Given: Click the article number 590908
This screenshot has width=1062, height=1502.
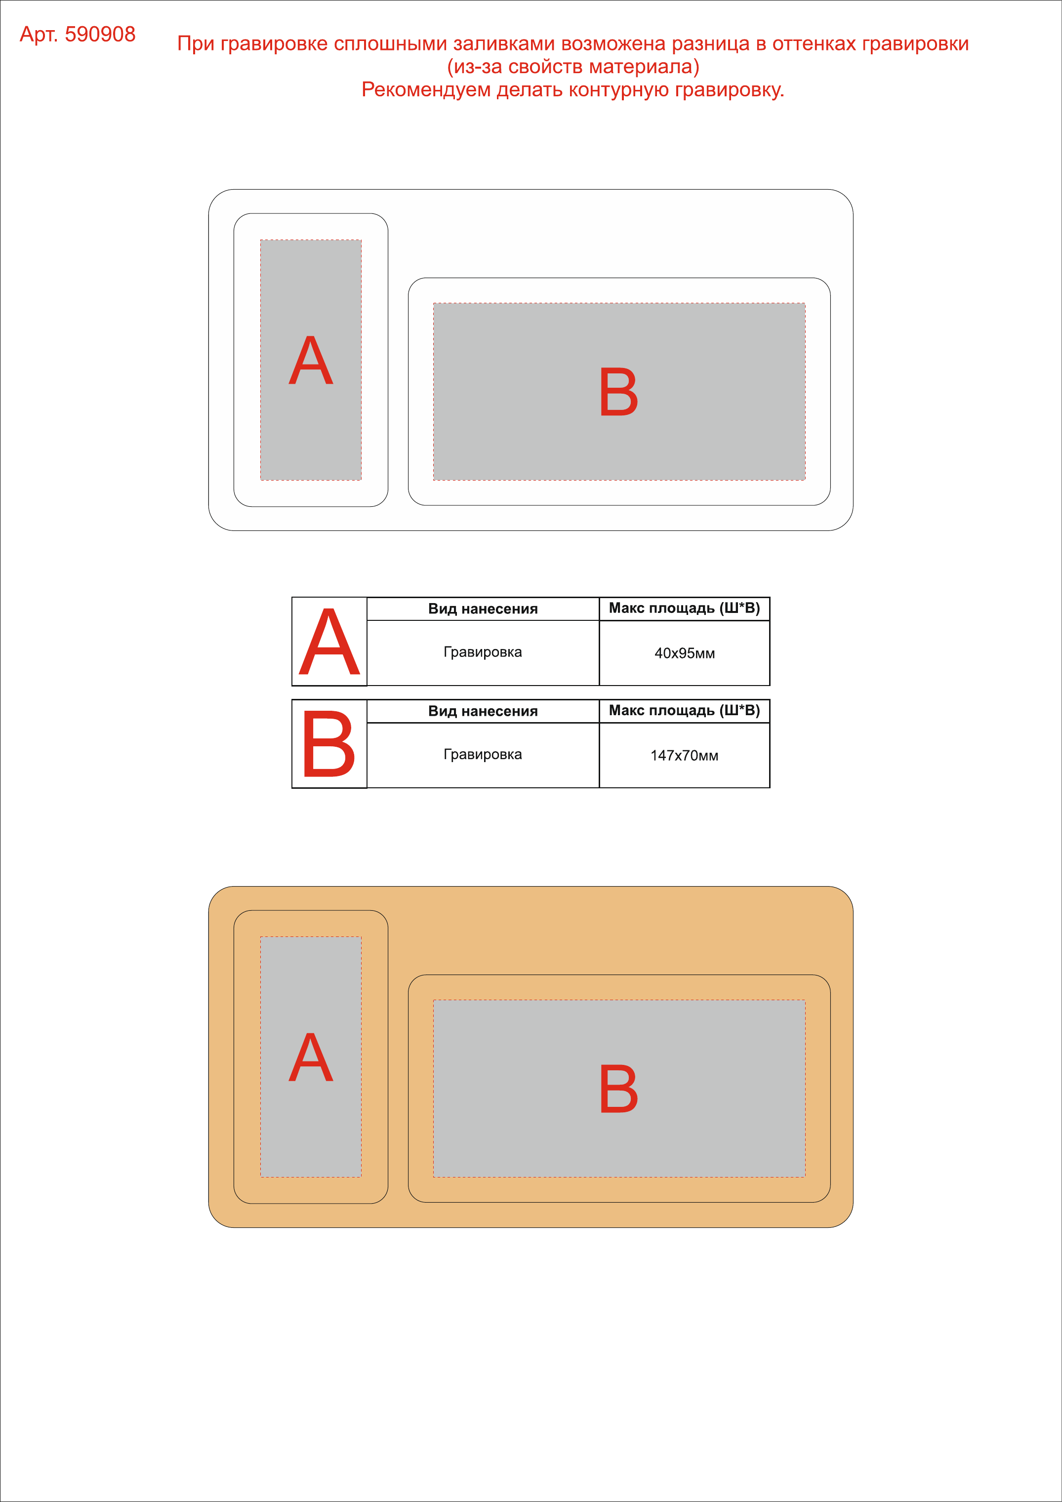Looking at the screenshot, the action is pyautogui.click(x=100, y=34).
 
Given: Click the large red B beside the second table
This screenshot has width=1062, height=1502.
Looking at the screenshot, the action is pyautogui.click(x=328, y=743).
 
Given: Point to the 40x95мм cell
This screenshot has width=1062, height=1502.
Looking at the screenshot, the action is pyautogui.click(x=685, y=653).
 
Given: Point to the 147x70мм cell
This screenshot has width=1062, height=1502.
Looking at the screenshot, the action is pyautogui.click(x=685, y=756).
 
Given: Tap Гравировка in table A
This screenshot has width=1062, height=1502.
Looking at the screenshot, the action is pyautogui.click(x=483, y=652).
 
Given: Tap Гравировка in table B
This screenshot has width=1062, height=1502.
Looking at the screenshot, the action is pyautogui.click(x=483, y=754).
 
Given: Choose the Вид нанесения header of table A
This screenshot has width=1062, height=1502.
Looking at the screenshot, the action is pyautogui.click(x=483, y=609).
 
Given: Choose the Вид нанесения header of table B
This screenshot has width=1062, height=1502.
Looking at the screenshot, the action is pyautogui.click(x=483, y=711).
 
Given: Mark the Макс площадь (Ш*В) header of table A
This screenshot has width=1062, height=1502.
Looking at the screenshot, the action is pyautogui.click(x=685, y=609).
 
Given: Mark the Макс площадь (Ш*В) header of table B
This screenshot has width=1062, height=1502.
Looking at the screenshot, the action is pyautogui.click(x=685, y=710).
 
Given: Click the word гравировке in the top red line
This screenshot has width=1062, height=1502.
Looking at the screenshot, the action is pyautogui.click(x=274, y=44).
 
